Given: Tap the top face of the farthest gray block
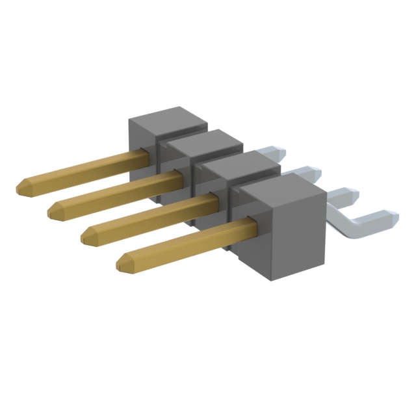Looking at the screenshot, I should click(x=168, y=121).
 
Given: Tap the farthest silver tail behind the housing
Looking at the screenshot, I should click(x=276, y=151).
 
